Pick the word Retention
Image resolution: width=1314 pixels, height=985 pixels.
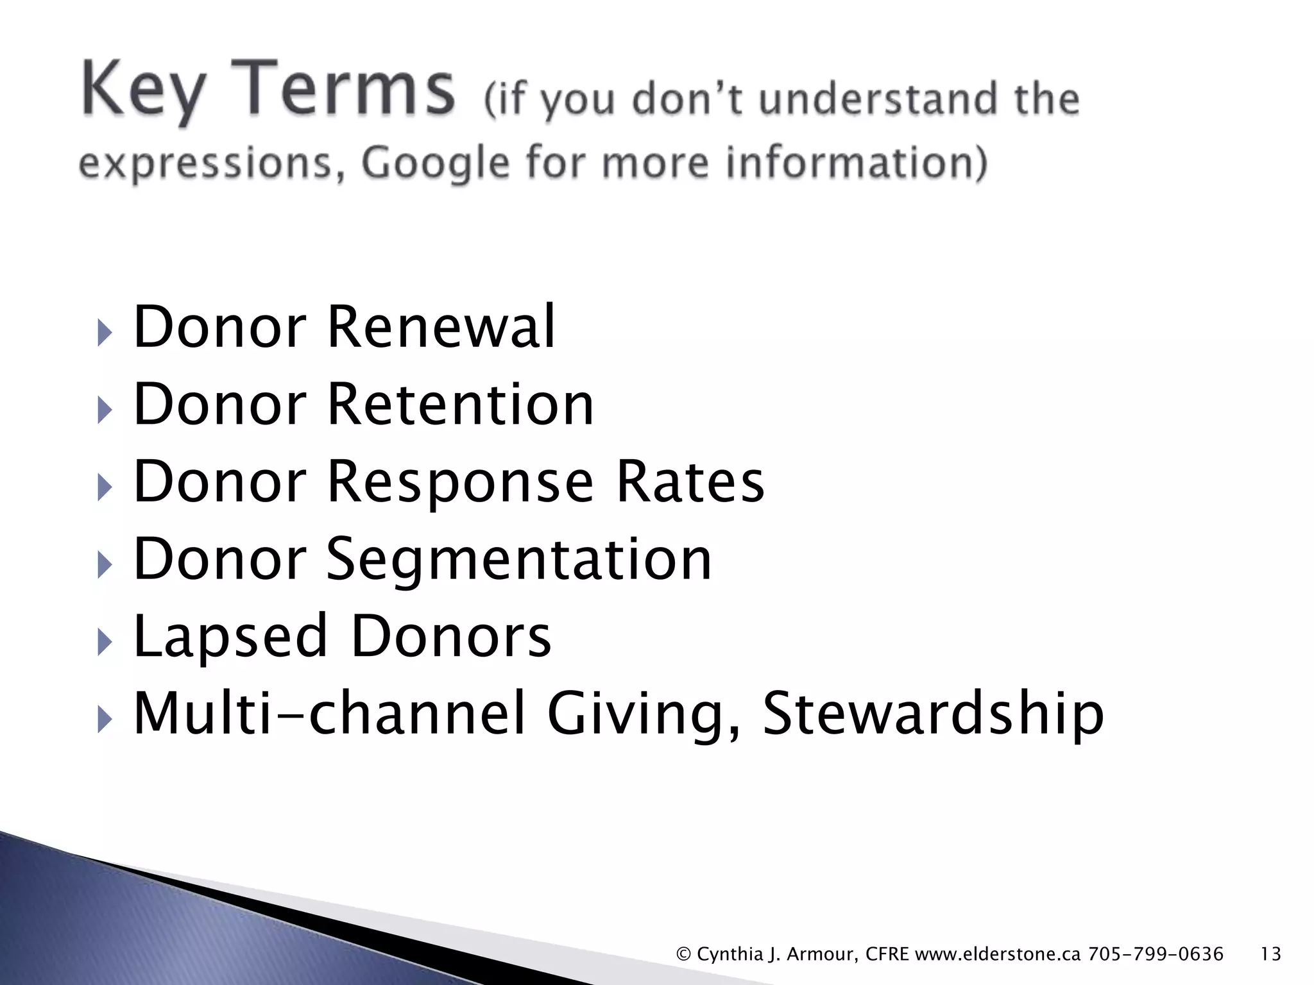click(x=460, y=404)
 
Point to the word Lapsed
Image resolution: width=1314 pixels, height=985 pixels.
click(x=230, y=636)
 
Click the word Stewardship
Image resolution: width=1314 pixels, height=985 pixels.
click(x=933, y=714)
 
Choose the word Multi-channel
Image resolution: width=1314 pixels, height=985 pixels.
click(x=330, y=713)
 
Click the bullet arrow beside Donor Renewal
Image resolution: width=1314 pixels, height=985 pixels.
click(x=105, y=333)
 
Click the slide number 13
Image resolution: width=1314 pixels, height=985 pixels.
click(x=1270, y=954)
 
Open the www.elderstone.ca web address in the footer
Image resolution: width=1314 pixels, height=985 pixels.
click(x=998, y=954)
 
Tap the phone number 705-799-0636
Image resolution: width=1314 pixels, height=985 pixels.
click(x=1156, y=954)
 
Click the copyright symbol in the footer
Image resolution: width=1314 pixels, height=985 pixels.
click(x=683, y=955)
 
